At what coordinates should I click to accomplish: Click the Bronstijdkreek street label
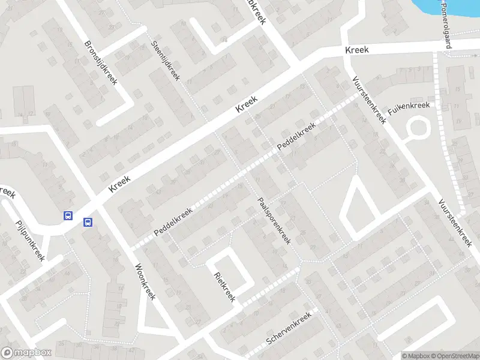click(101, 62)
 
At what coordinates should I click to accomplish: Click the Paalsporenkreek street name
click(274, 221)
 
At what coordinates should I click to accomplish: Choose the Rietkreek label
click(224, 287)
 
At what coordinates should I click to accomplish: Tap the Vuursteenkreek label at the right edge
click(455, 223)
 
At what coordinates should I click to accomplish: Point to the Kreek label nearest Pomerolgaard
click(357, 50)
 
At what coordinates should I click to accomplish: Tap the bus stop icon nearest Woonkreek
click(88, 222)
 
